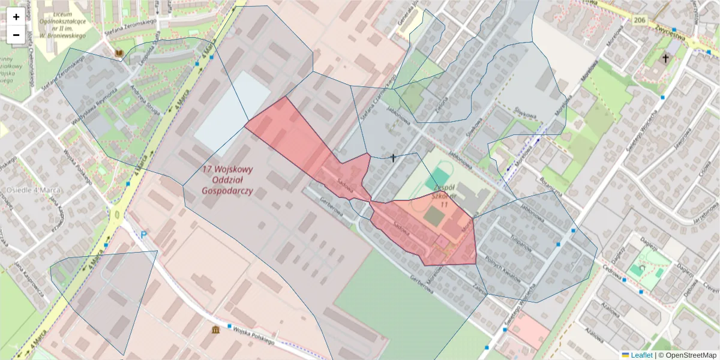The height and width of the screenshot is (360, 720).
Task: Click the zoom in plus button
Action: [16, 17]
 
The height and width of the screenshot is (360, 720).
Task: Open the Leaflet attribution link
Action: [641, 355]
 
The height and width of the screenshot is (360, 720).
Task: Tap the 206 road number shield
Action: [639, 20]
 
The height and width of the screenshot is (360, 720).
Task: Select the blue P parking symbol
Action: [144, 236]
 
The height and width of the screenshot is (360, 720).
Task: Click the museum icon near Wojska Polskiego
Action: [215, 329]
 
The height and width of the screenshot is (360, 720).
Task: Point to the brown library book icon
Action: [119, 54]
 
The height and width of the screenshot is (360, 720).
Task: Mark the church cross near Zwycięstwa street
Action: [665, 58]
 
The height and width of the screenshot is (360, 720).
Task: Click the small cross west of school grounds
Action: [393, 158]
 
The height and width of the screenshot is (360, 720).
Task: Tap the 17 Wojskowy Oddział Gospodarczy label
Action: [227, 180]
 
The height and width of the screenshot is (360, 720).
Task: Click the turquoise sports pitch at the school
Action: [440, 178]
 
